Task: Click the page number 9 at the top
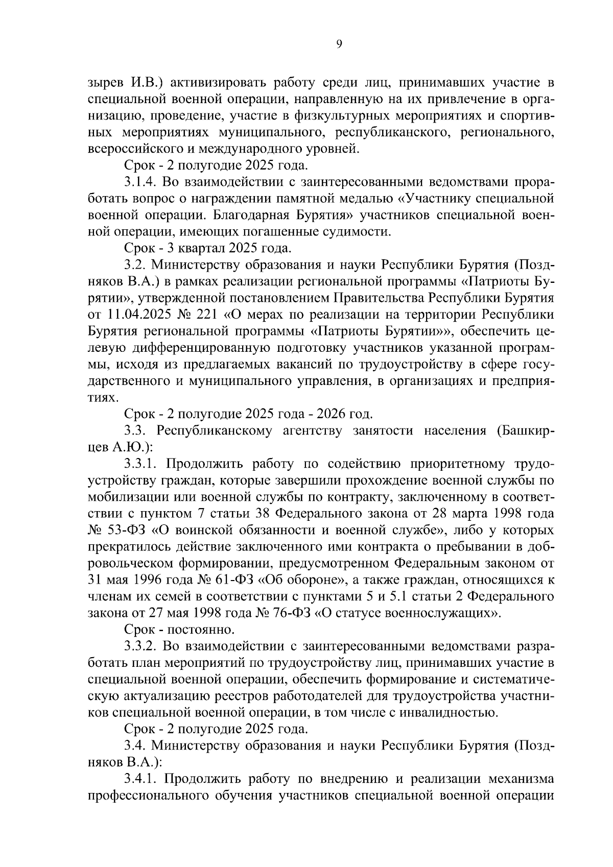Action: (x=340, y=44)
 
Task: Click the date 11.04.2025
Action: (x=137, y=315)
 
